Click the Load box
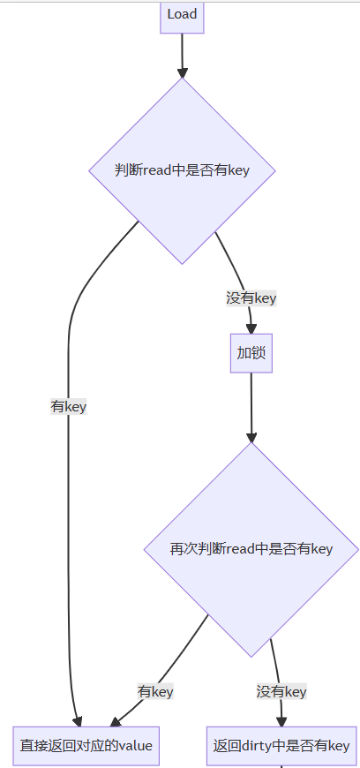click(182, 18)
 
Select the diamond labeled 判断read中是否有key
click(182, 170)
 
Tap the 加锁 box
click(251, 353)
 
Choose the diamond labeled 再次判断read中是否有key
click(251, 550)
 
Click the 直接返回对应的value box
click(86, 746)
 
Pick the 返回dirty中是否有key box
click(281, 746)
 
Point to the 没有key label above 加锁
click(251, 297)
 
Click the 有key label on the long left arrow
click(69, 407)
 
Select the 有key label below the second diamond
click(155, 691)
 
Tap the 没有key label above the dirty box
click(281, 691)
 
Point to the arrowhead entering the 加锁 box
click(251, 329)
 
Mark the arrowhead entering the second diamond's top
click(251, 437)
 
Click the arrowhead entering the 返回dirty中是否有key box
click(281, 721)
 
